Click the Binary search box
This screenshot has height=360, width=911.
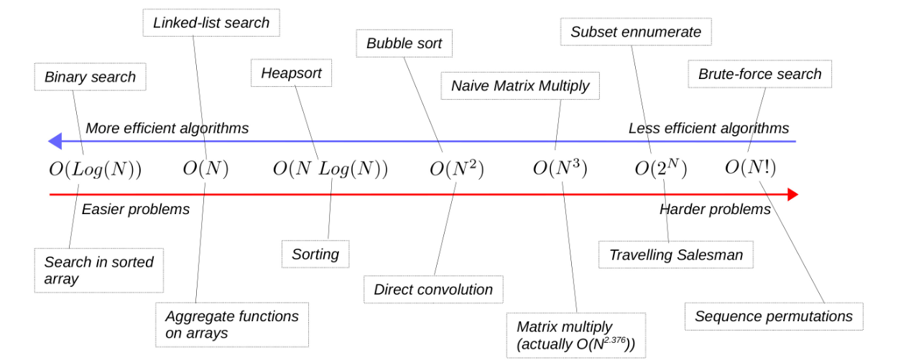click(x=90, y=77)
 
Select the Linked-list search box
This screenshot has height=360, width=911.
click(x=211, y=23)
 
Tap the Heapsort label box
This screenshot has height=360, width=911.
click(x=291, y=73)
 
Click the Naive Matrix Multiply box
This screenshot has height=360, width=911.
click(x=520, y=86)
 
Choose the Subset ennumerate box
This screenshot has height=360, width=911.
click(x=635, y=32)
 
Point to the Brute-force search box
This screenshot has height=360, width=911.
click(x=759, y=74)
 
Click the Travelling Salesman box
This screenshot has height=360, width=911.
click(x=675, y=255)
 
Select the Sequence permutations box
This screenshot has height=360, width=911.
click(x=773, y=316)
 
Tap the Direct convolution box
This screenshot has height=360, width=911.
click(x=433, y=290)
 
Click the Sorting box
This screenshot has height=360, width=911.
click(x=315, y=254)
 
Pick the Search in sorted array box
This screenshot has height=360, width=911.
click(x=98, y=270)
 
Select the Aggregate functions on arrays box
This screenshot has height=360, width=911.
click(x=231, y=324)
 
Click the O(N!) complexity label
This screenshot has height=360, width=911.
click(x=750, y=168)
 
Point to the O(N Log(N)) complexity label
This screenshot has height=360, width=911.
click(x=330, y=170)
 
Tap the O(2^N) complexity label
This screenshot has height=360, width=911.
click(x=660, y=169)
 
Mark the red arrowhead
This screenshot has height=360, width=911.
click(x=792, y=194)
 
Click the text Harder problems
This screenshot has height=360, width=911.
click(x=715, y=209)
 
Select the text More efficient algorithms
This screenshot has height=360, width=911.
click(x=167, y=129)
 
